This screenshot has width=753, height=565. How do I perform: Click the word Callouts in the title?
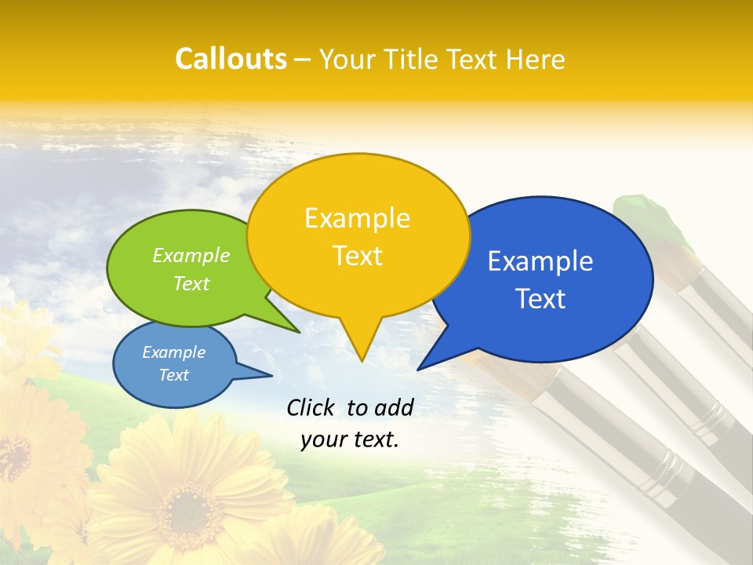point(231,59)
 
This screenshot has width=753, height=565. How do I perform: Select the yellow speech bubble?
point(358,235)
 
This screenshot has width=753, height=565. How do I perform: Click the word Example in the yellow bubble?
point(357,217)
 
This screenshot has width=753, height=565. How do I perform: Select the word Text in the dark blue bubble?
point(541,298)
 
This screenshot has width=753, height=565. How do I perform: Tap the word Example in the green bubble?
point(191,255)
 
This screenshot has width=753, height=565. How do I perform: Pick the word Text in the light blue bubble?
point(174,375)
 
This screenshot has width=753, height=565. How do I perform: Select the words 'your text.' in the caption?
point(350,439)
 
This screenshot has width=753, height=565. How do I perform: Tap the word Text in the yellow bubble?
point(357,256)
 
